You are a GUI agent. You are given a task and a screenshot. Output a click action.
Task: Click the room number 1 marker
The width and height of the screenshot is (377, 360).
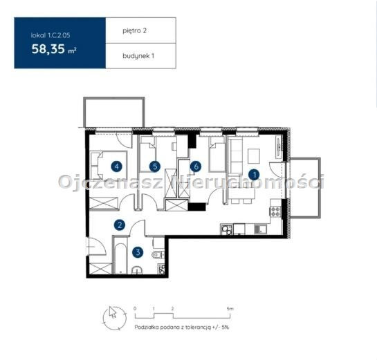tap(254, 175)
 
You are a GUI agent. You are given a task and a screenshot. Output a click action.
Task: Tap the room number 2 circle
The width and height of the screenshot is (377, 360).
tap(120, 225)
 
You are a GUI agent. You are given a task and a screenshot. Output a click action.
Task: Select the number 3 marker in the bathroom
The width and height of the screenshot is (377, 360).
tap(138, 252)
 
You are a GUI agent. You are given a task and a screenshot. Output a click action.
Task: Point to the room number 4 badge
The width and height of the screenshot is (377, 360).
tap(117, 167)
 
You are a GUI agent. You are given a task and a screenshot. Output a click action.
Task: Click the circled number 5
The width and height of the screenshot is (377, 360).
tap(154, 167)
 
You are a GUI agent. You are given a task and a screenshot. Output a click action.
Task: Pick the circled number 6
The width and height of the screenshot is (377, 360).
tap(196, 167)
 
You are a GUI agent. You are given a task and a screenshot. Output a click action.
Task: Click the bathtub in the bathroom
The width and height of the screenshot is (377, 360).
tap(120, 258)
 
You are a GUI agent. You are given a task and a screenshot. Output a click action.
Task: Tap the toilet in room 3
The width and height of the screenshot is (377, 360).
tap(158, 254)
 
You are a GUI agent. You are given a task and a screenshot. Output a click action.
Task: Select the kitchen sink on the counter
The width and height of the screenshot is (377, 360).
tap(260, 229)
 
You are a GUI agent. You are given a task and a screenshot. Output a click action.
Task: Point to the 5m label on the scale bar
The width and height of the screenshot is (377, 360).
tap(230, 309)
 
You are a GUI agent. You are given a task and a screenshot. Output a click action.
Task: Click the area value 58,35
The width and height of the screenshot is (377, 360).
tap(48, 49)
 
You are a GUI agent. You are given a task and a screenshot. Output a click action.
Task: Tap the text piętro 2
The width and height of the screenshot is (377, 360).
tap(134, 30)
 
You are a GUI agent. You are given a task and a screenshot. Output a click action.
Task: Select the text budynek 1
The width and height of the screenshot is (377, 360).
tap(138, 56)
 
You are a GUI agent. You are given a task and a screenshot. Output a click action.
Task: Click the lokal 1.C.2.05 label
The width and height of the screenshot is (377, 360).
tap(50, 35)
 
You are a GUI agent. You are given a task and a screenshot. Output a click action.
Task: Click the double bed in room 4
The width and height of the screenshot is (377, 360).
tap(109, 165)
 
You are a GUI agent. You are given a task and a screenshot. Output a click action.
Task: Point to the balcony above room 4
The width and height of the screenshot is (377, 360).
tap(114, 112)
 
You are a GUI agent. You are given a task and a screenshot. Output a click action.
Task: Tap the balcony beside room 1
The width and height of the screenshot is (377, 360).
tap(305, 187)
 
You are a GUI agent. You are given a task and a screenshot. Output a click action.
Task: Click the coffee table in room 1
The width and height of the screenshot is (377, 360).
tap(254, 155)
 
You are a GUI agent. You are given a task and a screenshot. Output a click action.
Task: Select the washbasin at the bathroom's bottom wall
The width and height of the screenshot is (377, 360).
tap(137, 270)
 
